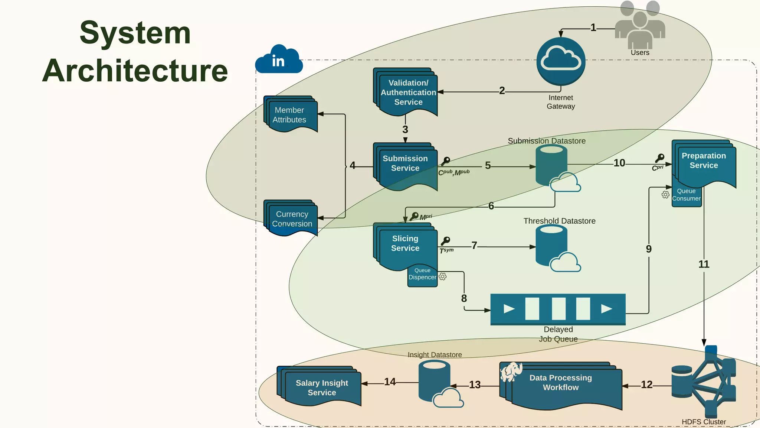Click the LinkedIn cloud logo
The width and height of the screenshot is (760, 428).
(279, 60)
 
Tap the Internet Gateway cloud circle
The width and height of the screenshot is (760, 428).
(561, 61)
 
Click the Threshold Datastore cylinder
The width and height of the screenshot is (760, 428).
(551, 245)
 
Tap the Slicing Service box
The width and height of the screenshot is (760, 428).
(406, 245)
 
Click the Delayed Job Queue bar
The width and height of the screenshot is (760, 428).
(558, 309)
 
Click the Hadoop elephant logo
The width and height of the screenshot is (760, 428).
(511, 372)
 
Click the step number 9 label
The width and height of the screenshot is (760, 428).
(649, 249)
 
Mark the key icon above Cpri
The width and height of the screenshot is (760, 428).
(659, 158)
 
